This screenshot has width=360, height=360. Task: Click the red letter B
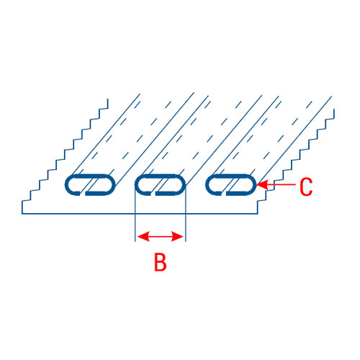tap(161, 262)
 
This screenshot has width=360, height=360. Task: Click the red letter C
tap(306, 186)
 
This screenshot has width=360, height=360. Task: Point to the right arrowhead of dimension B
tap(178, 236)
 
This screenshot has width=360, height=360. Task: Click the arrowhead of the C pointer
tap(262, 184)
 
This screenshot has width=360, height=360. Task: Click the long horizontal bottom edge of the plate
tap(140, 213)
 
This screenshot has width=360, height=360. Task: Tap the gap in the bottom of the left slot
tap(82, 194)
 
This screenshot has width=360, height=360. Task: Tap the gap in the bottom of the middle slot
tap(153, 194)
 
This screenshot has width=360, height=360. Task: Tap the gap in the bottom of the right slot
tap(223, 194)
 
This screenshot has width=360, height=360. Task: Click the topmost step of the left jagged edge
tap(104, 108)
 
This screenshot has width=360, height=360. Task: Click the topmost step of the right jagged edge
tap(330, 118)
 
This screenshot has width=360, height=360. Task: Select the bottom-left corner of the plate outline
tap(22, 213)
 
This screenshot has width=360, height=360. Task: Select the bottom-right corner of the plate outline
tap(258, 213)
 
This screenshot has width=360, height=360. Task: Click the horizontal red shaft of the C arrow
tap(282, 184)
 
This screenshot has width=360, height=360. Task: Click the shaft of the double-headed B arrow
tap(161, 236)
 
